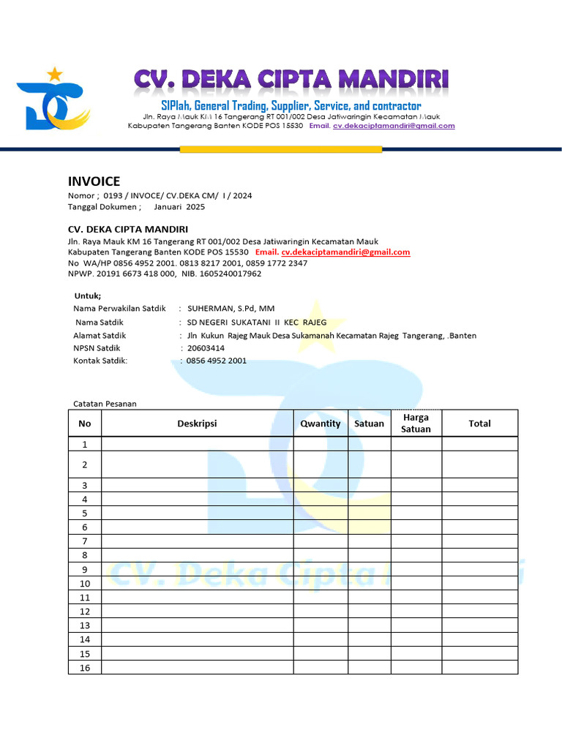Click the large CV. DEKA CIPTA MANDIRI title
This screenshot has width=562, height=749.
[x=291, y=81]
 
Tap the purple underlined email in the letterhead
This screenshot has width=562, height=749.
[x=394, y=126]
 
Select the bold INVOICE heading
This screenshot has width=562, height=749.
[x=94, y=181]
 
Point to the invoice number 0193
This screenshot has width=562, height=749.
[x=113, y=195]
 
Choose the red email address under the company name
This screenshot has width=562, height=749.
[x=346, y=252]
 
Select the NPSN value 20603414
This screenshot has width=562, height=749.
[x=206, y=348]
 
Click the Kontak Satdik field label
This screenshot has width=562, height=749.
[x=100, y=361]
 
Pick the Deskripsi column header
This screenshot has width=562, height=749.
[x=198, y=424]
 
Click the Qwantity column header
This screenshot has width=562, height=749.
[x=321, y=424]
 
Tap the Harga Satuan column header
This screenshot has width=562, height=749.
[x=416, y=424]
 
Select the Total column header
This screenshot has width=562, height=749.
[x=479, y=424]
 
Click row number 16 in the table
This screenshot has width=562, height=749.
[x=85, y=667]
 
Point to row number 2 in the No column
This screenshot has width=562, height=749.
[x=85, y=464]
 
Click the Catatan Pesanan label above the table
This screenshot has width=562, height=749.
[x=105, y=404]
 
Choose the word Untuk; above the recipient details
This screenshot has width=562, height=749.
[x=88, y=296]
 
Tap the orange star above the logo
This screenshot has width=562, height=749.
[x=54, y=73]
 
